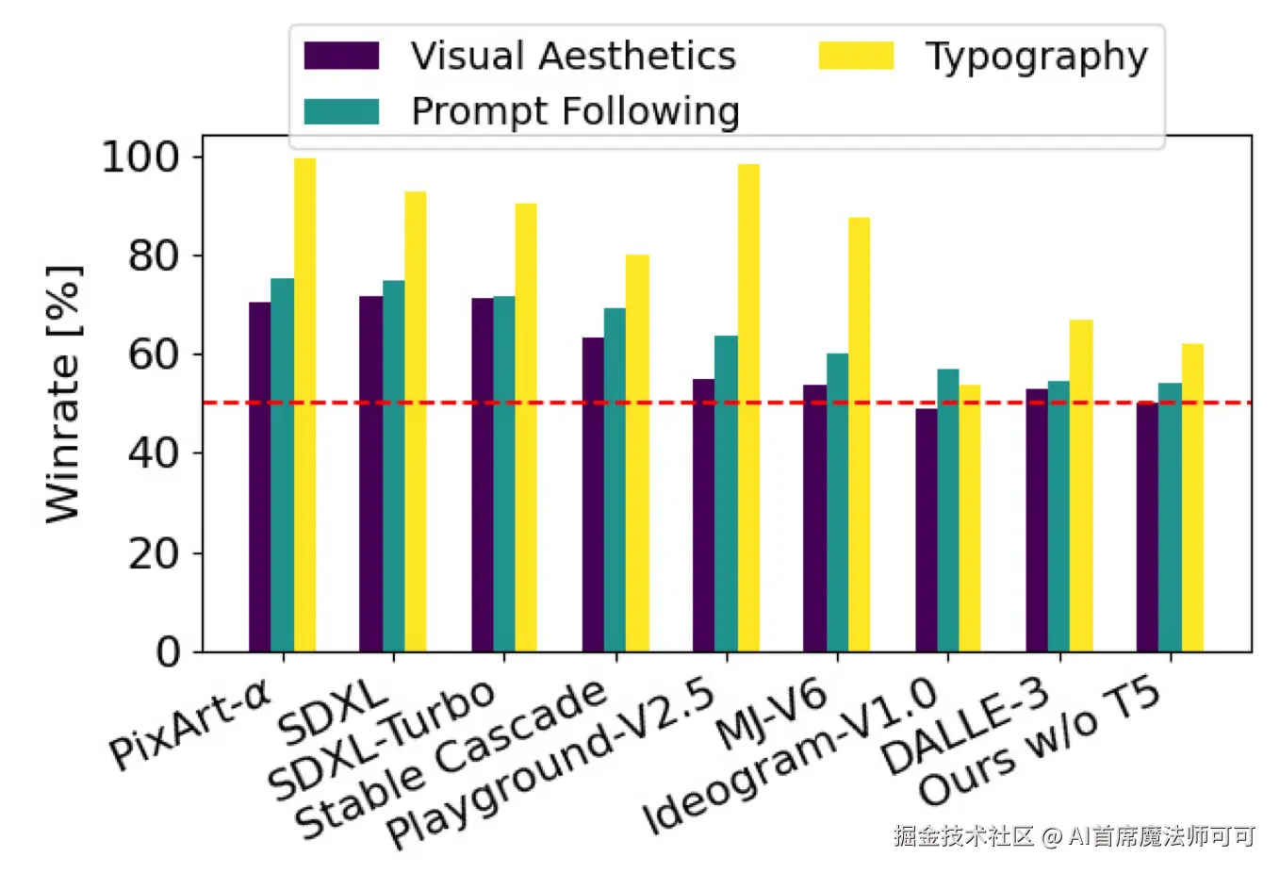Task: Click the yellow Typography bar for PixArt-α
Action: [305, 405]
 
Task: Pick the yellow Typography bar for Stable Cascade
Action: [637, 453]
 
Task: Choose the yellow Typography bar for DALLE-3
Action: [1081, 486]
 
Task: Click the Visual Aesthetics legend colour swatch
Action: [341, 56]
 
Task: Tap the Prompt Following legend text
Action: [575, 111]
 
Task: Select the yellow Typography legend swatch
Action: [856, 56]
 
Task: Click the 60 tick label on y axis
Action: [153, 354]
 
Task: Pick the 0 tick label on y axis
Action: [167, 652]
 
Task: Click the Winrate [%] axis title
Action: [64, 394]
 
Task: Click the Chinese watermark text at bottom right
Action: [1075, 836]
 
